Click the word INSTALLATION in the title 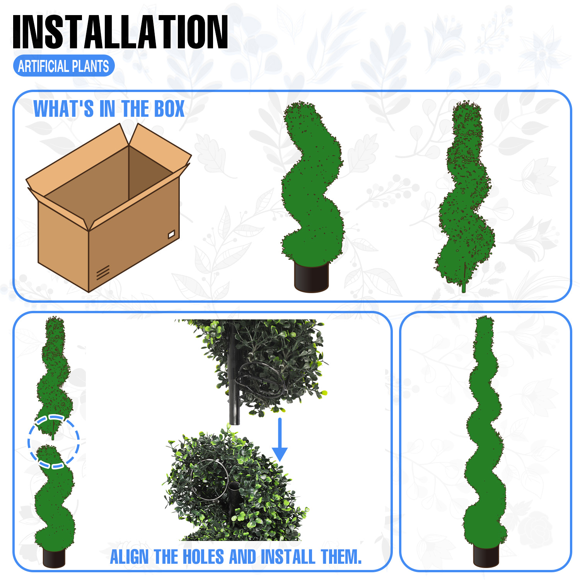[x=120, y=32]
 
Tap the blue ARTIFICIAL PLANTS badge [x=64, y=66]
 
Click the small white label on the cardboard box [x=172, y=234]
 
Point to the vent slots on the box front [x=103, y=272]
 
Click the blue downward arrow [x=280, y=440]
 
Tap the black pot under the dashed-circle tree [x=54, y=557]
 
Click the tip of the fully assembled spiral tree [x=483, y=318]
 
